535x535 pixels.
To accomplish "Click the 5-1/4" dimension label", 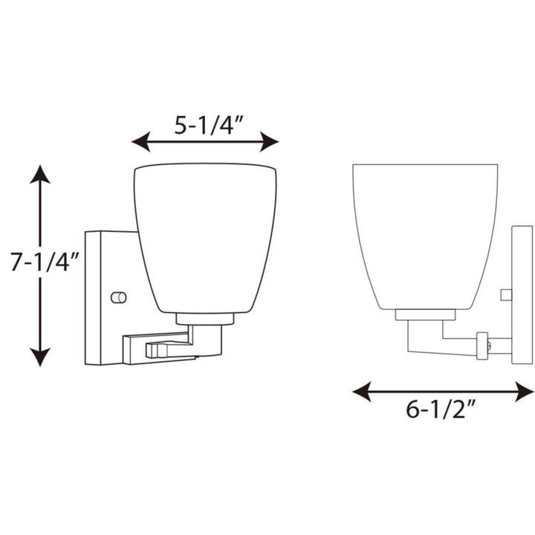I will (x=204, y=124).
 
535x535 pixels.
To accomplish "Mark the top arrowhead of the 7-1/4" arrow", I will (x=40, y=175).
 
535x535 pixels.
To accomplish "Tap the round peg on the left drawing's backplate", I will (x=118, y=297).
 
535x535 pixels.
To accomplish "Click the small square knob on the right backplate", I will (x=506, y=294).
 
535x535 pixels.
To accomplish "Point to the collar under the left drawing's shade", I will (x=205, y=320).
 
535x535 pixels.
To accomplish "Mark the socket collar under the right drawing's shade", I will (x=425, y=315).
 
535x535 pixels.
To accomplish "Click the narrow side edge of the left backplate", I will (x=93, y=297).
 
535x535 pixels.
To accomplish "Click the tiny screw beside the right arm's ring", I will (x=490, y=346).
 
